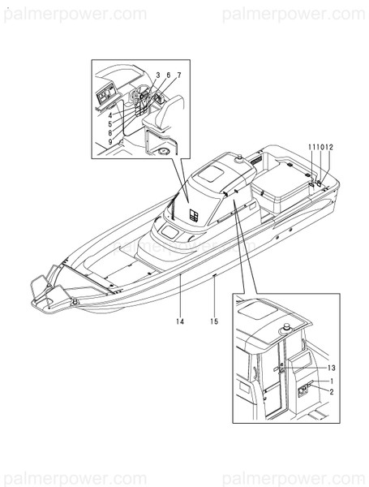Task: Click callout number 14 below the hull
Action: pyautogui.click(x=179, y=322)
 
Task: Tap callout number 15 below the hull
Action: pyautogui.click(x=215, y=322)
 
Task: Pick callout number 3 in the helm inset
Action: pyautogui.click(x=157, y=75)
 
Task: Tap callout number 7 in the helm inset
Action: pyautogui.click(x=178, y=75)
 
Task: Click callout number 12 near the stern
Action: pyautogui.click(x=328, y=146)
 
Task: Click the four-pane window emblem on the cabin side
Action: pyautogui.click(x=195, y=214)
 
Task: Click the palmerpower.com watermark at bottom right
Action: pyautogui.click(x=294, y=473)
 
